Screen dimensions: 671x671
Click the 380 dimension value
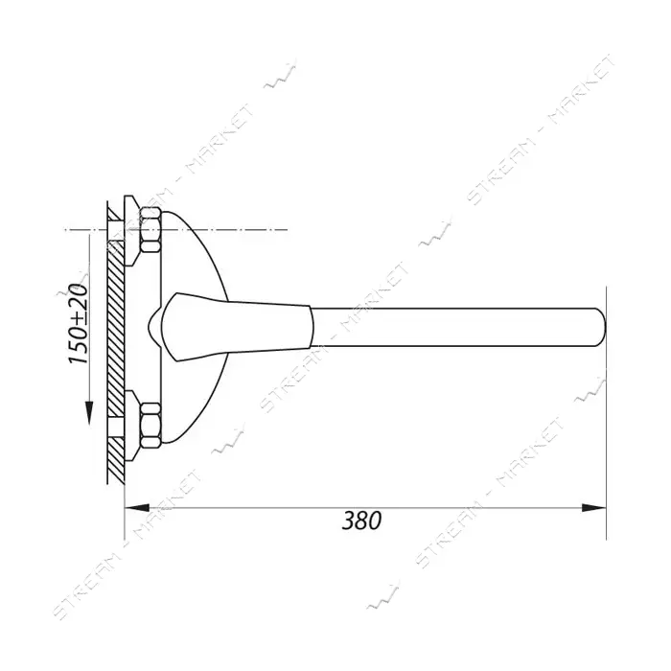click(x=361, y=521)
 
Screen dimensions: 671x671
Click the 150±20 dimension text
click(x=79, y=324)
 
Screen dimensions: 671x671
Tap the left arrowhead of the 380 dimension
click(x=136, y=508)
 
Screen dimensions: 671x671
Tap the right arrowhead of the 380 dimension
click(x=593, y=508)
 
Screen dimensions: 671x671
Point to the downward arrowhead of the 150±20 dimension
click(x=89, y=411)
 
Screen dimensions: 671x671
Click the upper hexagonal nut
click(x=150, y=229)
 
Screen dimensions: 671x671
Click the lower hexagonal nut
click(x=150, y=425)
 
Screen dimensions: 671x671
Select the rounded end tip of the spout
click(x=604, y=327)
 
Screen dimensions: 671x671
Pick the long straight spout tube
click(x=458, y=327)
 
